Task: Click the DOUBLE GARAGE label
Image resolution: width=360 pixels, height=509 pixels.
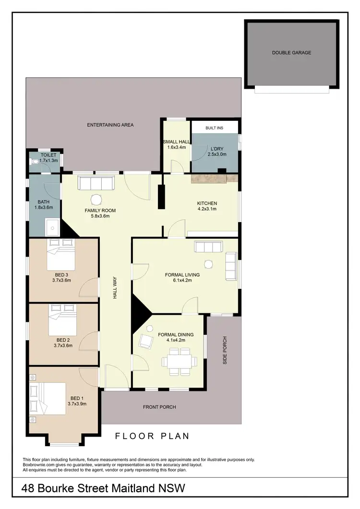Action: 291,53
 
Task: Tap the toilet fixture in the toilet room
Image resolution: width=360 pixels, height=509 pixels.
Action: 34,162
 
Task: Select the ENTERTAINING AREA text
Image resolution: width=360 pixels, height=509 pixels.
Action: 110,125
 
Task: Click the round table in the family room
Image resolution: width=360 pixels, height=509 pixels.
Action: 97,200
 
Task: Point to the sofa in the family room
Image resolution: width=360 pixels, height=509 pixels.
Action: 96,183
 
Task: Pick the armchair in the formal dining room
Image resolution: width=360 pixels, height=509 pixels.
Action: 145,342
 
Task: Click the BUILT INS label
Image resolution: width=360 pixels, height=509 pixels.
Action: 214,128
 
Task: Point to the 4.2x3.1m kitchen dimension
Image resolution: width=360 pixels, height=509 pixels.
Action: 207,209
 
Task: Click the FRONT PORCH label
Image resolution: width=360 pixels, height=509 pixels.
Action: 159,407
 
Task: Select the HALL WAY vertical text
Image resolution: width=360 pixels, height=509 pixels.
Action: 115,290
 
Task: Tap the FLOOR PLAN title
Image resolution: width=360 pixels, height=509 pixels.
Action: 152,436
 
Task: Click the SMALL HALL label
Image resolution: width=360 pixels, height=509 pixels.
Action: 176,142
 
